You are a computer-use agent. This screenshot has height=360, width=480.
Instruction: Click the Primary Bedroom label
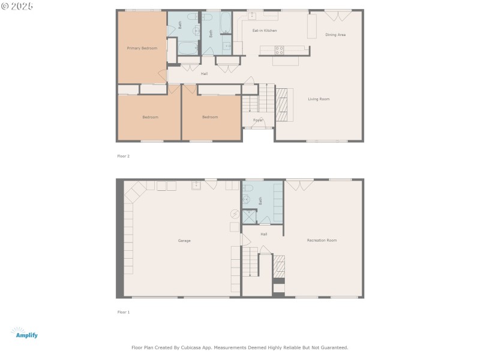[x=142, y=48]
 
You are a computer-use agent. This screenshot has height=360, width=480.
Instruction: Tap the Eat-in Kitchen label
[x=264, y=31]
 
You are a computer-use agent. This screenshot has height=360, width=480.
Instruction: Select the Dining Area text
[x=335, y=35]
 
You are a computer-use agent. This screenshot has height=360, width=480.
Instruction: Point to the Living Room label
[x=319, y=99]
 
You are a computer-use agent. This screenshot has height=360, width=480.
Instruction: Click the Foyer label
[x=258, y=120]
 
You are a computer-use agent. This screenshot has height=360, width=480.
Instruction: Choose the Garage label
[x=184, y=241]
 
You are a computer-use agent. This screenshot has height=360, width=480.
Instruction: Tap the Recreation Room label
[x=322, y=240]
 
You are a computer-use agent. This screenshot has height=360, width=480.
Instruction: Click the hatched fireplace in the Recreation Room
[x=279, y=266]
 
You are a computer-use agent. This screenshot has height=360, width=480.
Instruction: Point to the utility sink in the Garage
[x=196, y=185]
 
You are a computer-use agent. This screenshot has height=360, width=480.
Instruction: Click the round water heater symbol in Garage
[x=235, y=214]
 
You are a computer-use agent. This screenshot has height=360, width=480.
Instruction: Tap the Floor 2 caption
[x=123, y=156]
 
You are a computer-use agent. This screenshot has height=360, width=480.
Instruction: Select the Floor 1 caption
[x=123, y=312]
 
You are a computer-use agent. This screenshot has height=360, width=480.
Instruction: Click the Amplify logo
[x=25, y=334]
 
